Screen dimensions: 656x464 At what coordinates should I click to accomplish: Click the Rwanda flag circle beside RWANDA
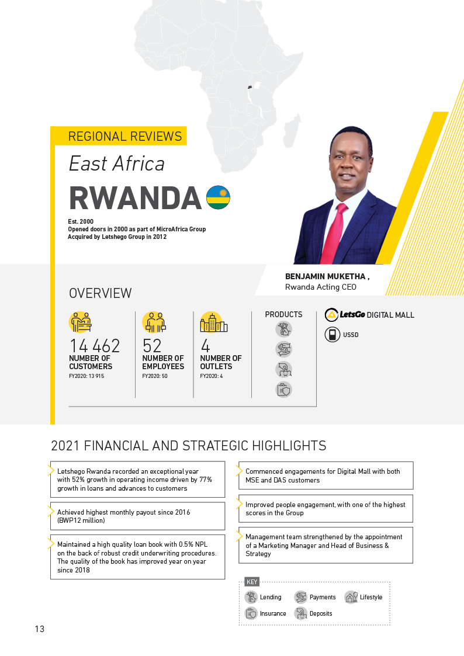coord(218,197)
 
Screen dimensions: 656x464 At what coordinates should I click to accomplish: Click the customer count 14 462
coord(94,346)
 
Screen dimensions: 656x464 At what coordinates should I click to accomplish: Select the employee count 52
coord(152,346)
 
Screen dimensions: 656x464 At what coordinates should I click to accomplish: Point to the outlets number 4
coord(205,346)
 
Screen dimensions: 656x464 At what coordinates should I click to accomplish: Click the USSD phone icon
coord(332,335)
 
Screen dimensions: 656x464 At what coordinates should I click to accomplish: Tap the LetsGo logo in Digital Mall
coord(345,315)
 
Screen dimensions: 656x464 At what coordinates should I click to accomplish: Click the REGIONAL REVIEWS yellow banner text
coord(125,137)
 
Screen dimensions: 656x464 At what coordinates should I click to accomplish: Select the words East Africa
coord(116,164)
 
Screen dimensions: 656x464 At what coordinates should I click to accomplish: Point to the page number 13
coord(39,629)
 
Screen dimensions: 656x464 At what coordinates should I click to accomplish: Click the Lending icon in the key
coord(251,597)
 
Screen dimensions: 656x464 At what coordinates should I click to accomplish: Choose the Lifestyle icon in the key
coord(351,597)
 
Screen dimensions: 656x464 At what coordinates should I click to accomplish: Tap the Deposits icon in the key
coord(300,613)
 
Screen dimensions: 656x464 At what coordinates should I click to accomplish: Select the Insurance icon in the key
coord(251,613)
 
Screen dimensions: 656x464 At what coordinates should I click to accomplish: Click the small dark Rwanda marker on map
coord(250,86)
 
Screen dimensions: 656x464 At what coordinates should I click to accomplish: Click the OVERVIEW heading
coord(101,293)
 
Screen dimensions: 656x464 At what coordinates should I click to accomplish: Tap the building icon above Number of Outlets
coord(213,322)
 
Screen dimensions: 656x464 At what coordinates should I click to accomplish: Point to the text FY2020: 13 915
coord(87,376)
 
